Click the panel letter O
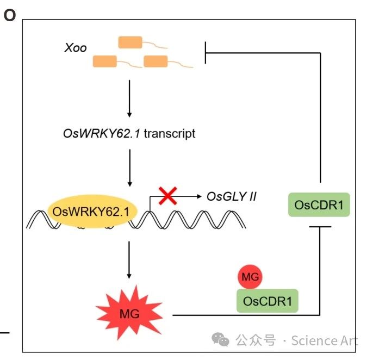click(10, 16)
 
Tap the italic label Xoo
click(75, 48)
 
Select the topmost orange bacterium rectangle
click(130, 42)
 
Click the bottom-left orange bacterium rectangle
click(104, 61)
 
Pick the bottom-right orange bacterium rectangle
click(156, 61)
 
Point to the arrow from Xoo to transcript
click(129, 98)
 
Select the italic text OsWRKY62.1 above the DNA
click(101, 133)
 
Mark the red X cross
click(169, 195)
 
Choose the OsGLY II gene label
click(231, 196)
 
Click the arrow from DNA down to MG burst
click(129, 258)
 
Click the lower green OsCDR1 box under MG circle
click(267, 301)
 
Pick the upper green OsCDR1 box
click(318, 206)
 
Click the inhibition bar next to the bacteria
click(205, 53)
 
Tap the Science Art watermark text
click(324, 341)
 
